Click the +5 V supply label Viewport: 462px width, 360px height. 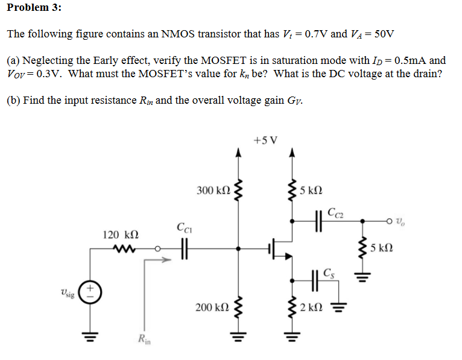pos(265,141)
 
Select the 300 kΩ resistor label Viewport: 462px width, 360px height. pos(214,191)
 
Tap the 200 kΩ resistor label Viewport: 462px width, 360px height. pos(212,308)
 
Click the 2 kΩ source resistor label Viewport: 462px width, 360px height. pos(312,308)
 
